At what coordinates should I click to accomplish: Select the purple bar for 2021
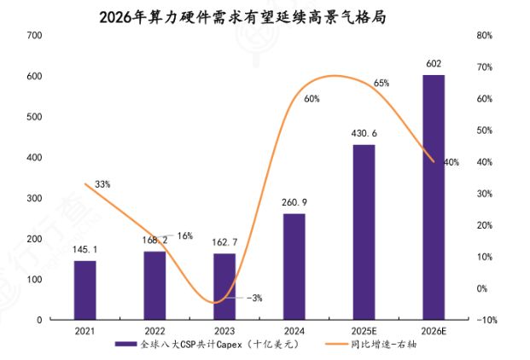pos(84,290)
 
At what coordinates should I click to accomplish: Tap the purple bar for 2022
pos(154,285)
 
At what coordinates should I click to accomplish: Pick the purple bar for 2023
pos(224,287)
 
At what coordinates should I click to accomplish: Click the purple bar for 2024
pos(294,266)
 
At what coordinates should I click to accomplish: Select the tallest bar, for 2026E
pos(434,197)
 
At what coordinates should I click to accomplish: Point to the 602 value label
pos(434,64)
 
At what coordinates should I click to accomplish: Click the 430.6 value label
pos(364,134)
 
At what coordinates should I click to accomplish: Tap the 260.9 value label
pos(294,202)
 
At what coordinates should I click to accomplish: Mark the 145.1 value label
pos(84,249)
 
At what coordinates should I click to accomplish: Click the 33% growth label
pos(102,184)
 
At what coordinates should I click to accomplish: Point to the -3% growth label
pos(254,298)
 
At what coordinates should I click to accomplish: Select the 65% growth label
pos(381,84)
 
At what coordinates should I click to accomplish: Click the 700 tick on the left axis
pos(34,35)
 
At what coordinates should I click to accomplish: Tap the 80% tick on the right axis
pos(485,35)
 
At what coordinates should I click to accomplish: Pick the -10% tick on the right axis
pos(485,320)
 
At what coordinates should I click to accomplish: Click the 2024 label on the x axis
pos(294,331)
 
